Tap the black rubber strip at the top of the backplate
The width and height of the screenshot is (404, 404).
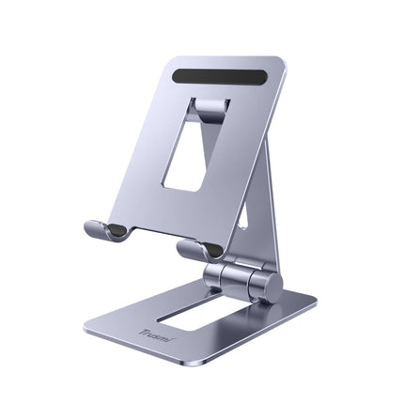(221, 73)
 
